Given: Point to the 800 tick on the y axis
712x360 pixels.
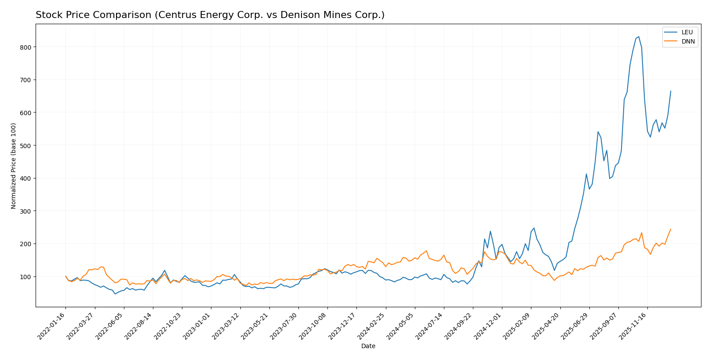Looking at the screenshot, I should tap(27, 47).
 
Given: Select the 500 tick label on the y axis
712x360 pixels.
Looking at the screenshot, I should tap(27, 145).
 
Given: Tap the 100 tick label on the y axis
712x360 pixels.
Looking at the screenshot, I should tap(27, 276).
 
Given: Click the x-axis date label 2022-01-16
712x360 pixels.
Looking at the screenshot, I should tap(52, 325).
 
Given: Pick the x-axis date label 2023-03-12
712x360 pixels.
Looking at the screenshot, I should tap(226, 325).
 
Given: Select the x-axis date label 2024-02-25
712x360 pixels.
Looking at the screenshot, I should tap(372, 325).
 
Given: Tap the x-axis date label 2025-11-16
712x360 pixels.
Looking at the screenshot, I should tap(633, 325).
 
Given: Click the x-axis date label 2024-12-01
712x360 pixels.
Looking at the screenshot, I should tap(488, 325).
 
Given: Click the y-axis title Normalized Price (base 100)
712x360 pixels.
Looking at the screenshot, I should tap(14, 166).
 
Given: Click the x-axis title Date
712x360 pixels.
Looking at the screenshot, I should tap(368, 346).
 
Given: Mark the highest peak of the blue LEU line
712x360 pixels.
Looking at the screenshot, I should tap(639, 37).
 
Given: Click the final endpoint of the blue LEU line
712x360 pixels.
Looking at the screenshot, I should tap(671, 91).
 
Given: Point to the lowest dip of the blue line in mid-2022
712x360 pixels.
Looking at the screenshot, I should tap(115, 294).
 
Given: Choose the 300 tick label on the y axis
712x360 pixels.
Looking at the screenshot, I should tap(27, 211).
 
